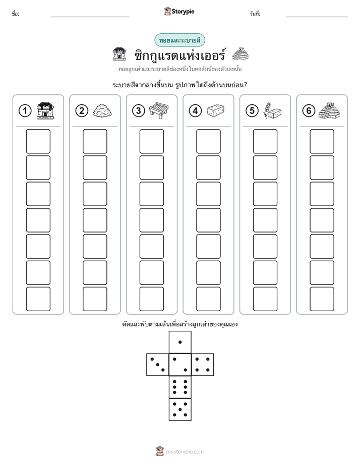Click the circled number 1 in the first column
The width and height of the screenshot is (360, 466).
(x=25, y=111)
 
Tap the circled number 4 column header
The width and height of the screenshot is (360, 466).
(x=195, y=111)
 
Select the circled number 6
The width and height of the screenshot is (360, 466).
(x=309, y=111)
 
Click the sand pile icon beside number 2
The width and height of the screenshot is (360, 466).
(x=102, y=110)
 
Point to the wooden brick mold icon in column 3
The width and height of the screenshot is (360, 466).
(x=159, y=110)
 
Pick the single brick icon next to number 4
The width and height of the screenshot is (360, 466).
(x=216, y=110)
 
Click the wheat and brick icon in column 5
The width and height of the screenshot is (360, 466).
(x=272, y=111)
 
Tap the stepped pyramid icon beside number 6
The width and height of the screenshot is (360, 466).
(x=329, y=110)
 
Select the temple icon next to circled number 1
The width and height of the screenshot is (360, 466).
(x=45, y=110)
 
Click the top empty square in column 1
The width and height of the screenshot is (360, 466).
(x=38, y=141)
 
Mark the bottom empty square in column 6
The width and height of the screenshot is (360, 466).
(x=322, y=299)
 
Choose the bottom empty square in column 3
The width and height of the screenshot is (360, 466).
(x=151, y=299)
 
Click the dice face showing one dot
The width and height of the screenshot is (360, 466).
(x=180, y=342)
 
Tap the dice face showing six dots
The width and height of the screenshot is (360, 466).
(x=180, y=387)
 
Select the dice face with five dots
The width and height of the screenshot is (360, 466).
(x=180, y=410)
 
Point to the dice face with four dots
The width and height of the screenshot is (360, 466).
(x=203, y=365)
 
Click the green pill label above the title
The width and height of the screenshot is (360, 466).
(x=179, y=40)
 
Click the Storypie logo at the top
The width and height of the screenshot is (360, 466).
(x=179, y=11)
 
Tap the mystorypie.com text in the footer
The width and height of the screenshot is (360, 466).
(x=185, y=452)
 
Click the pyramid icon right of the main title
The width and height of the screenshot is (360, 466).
(x=240, y=54)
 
